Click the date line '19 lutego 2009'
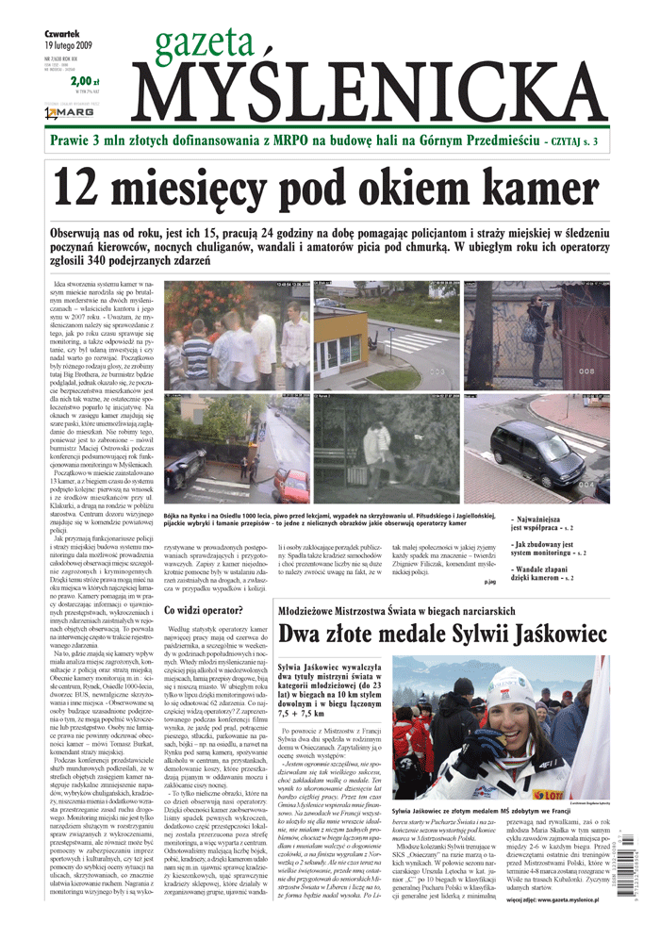click(x=69, y=44)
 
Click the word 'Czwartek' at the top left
click(x=59, y=31)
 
